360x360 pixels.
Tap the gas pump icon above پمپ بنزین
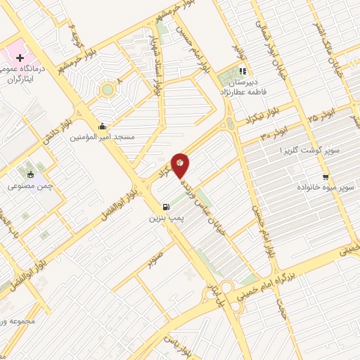tap(166, 207)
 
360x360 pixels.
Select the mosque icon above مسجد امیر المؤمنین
tap(103, 126)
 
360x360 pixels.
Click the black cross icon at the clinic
tap(20, 57)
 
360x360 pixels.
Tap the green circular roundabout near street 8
tap(107, 89)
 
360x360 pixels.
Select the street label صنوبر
tap(156, 257)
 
